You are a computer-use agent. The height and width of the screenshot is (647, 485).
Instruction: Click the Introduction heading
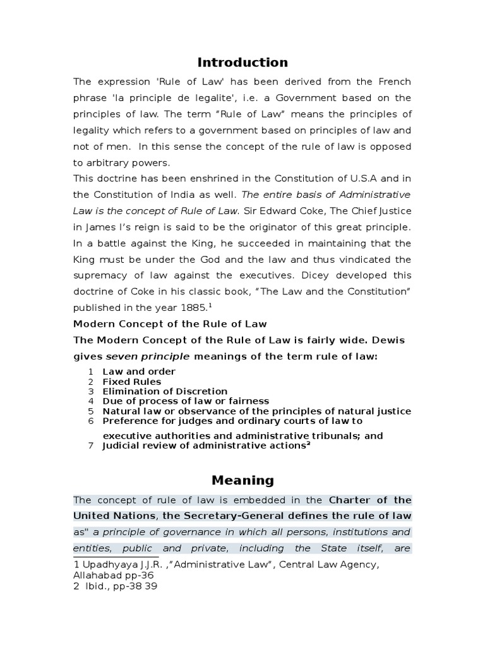coord(242,62)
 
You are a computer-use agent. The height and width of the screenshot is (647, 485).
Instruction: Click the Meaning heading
coord(242,480)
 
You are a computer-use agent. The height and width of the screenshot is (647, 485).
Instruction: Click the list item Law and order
coord(139,372)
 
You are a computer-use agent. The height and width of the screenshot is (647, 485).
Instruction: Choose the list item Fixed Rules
coord(132,382)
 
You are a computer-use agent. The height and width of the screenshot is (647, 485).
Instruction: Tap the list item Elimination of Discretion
coord(165,392)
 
